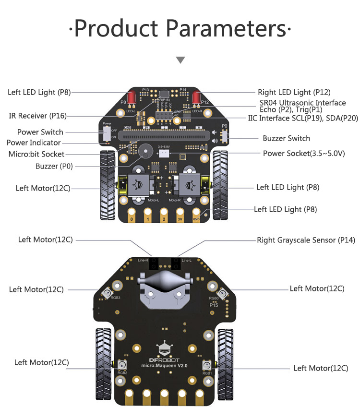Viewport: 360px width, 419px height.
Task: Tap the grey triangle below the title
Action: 180,60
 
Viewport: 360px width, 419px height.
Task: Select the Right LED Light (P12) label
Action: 294,92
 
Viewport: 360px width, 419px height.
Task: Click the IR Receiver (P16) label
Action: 38,116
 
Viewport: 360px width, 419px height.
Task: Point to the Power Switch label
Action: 40,132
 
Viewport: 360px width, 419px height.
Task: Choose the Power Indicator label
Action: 34,143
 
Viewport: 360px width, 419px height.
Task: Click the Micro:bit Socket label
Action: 36,154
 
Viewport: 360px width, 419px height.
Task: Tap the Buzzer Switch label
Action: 286,138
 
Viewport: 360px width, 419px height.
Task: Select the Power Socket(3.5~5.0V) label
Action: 304,153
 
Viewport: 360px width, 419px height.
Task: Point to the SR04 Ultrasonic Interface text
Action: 300,103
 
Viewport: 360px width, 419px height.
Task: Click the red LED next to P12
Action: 195,98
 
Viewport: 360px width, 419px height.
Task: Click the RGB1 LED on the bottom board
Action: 208,366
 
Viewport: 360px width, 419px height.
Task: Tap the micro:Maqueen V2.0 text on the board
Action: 164,365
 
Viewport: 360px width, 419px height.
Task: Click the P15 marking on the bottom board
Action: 214,305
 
